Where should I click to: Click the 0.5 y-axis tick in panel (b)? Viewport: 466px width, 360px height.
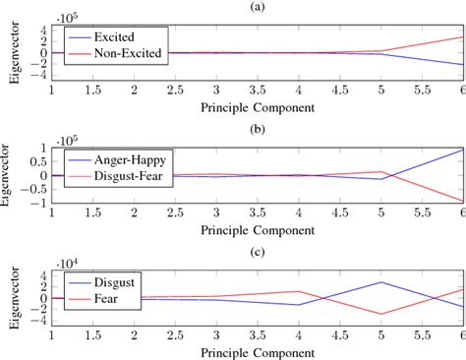pos(39,161)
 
